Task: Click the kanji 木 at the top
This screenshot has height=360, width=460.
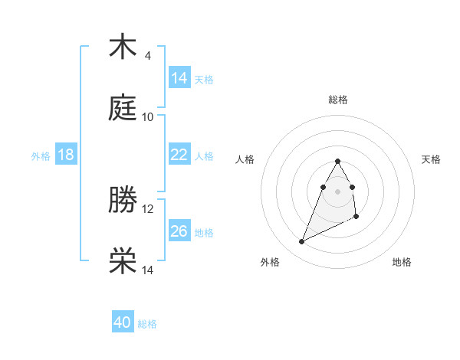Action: click(x=123, y=47)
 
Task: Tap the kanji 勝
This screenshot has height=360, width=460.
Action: click(x=123, y=200)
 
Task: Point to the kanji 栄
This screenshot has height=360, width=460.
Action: click(x=123, y=261)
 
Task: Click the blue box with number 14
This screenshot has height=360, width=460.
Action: click(x=179, y=78)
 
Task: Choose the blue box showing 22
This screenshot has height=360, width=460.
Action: click(x=179, y=155)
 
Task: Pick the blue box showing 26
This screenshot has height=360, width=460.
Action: click(x=179, y=231)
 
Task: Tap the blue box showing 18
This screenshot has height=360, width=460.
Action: click(x=66, y=155)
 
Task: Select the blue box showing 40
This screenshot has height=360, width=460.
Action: click(x=123, y=322)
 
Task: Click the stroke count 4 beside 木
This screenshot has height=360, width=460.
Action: click(x=147, y=56)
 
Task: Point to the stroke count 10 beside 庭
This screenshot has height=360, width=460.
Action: click(x=147, y=117)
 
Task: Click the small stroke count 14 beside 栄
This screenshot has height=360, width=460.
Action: click(x=147, y=270)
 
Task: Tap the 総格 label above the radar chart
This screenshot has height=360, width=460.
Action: click(x=338, y=100)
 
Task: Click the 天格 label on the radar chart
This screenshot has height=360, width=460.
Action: click(x=431, y=159)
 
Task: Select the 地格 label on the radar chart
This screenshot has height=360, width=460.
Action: click(x=402, y=262)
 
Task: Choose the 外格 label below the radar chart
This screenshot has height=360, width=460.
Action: click(x=270, y=262)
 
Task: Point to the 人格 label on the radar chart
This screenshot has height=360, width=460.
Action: click(x=245, y=159)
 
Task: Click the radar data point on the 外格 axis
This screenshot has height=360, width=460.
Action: click(x=302, y=241)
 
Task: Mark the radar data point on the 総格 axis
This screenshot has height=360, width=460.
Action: click(x=338, y=161)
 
